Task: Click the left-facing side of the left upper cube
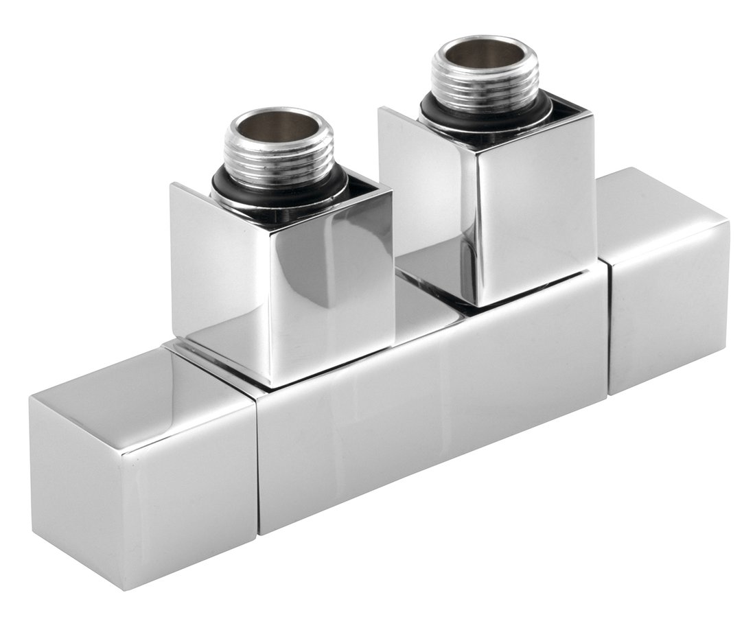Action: (220, 275)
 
